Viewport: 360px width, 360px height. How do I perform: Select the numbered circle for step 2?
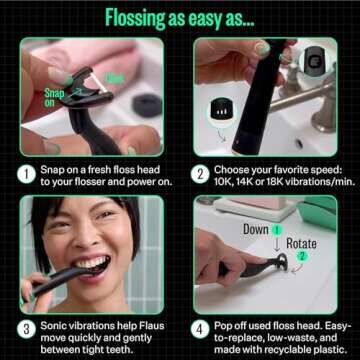pos(200,171)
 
